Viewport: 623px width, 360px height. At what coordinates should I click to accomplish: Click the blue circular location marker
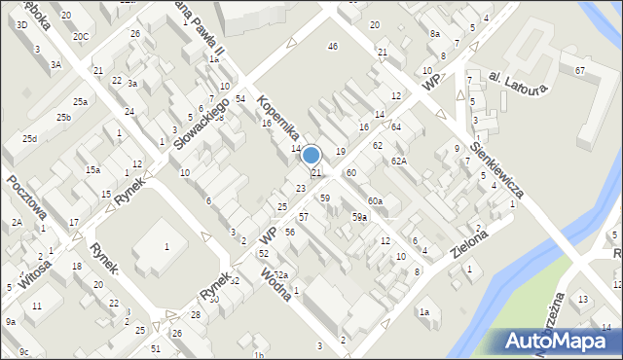[311, 155]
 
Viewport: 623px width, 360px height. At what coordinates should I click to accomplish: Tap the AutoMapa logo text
[556, 341]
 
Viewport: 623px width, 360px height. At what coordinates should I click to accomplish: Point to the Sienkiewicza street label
[496, 167]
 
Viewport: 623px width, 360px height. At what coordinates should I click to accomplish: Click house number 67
[579, 70]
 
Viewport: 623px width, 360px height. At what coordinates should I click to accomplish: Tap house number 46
[333, 46]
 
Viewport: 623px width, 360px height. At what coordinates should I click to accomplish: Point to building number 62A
[398, 161]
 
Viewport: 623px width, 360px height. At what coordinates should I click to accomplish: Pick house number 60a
[375, 200]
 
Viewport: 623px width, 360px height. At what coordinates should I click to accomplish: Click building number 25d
[30, 138]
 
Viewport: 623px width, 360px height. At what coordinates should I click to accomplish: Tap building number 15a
[92, 169]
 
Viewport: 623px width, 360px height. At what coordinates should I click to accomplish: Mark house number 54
[239, 99]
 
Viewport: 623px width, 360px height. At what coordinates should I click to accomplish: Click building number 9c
[23, 351]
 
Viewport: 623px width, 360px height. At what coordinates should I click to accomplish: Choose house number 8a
[434, 33]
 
